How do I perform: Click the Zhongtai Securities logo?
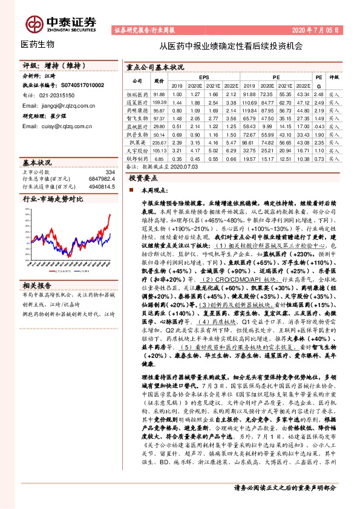point(60,23)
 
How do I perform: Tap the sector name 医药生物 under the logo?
point(38,44)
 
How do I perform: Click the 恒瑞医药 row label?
point(137,94)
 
